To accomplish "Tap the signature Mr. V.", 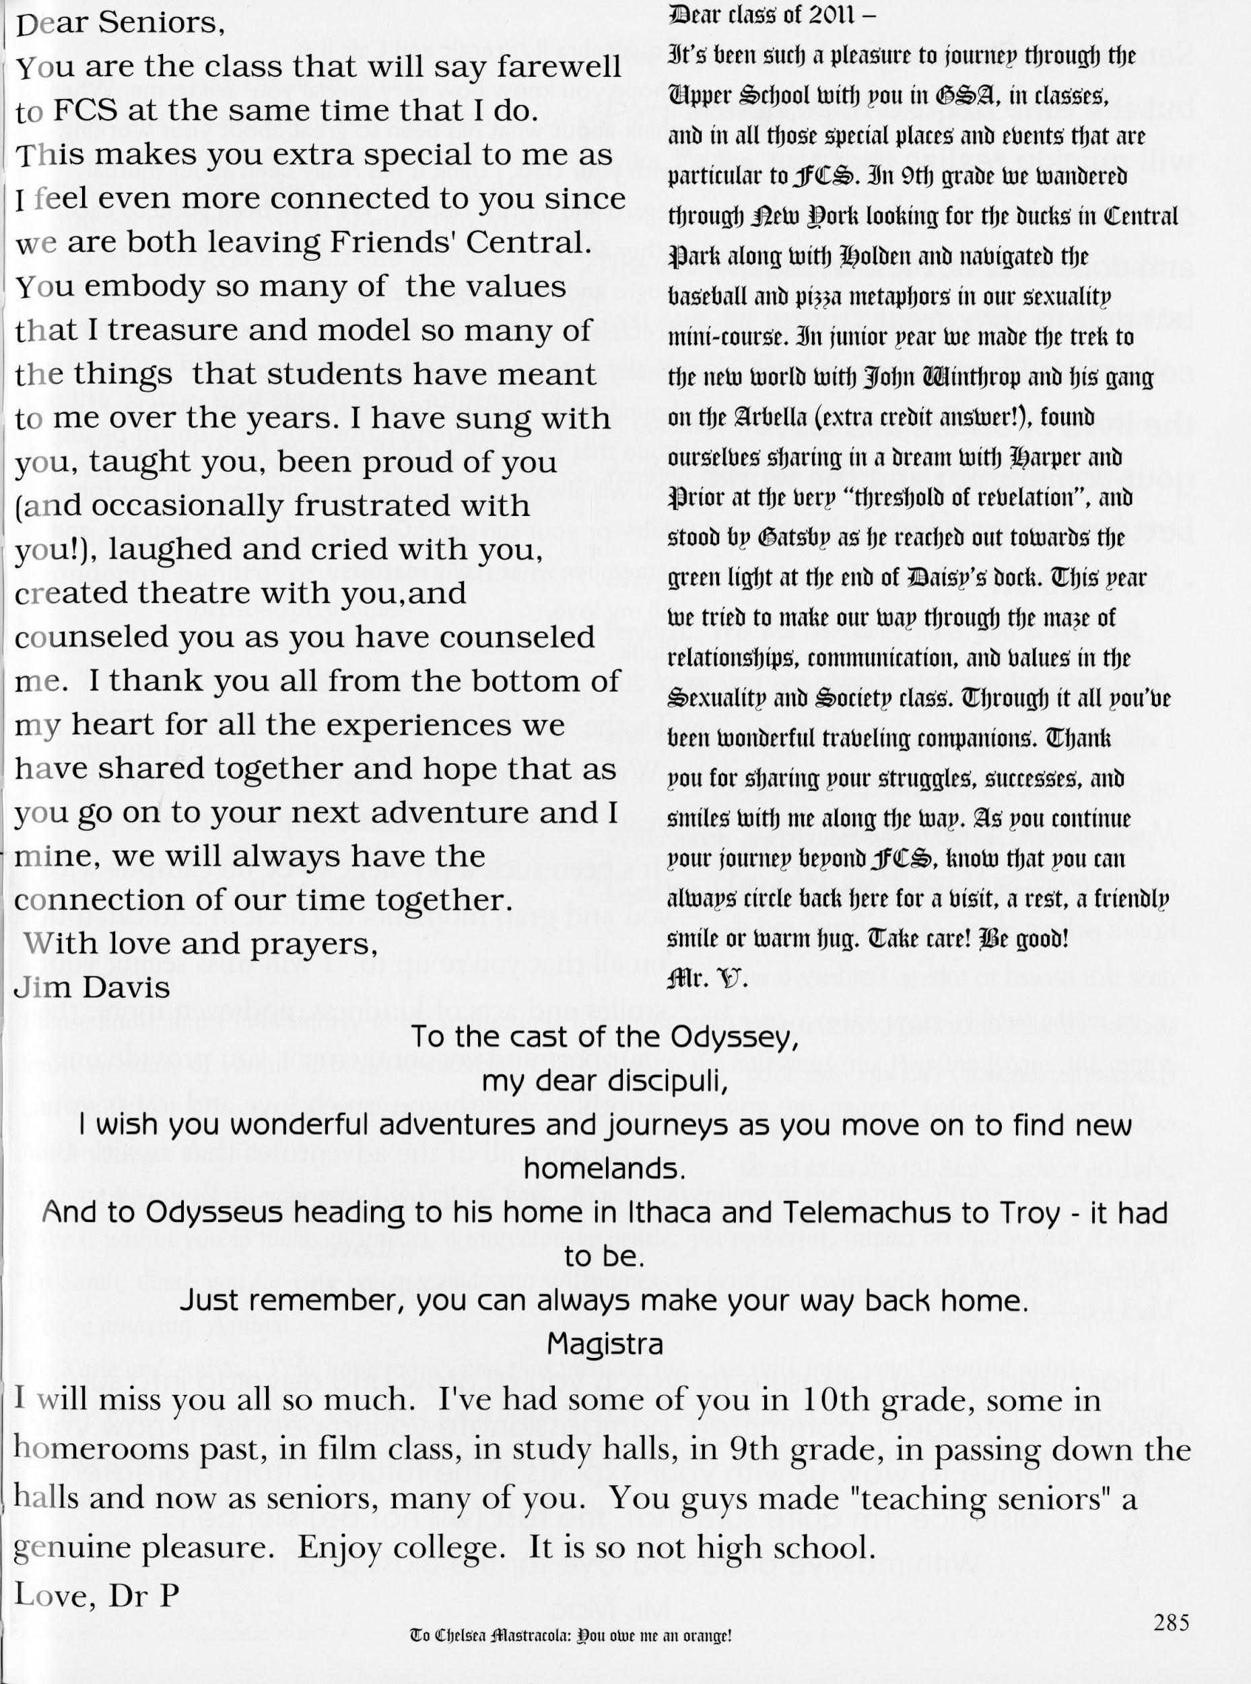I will click(706, 979).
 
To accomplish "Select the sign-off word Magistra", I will click(605, 1344).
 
